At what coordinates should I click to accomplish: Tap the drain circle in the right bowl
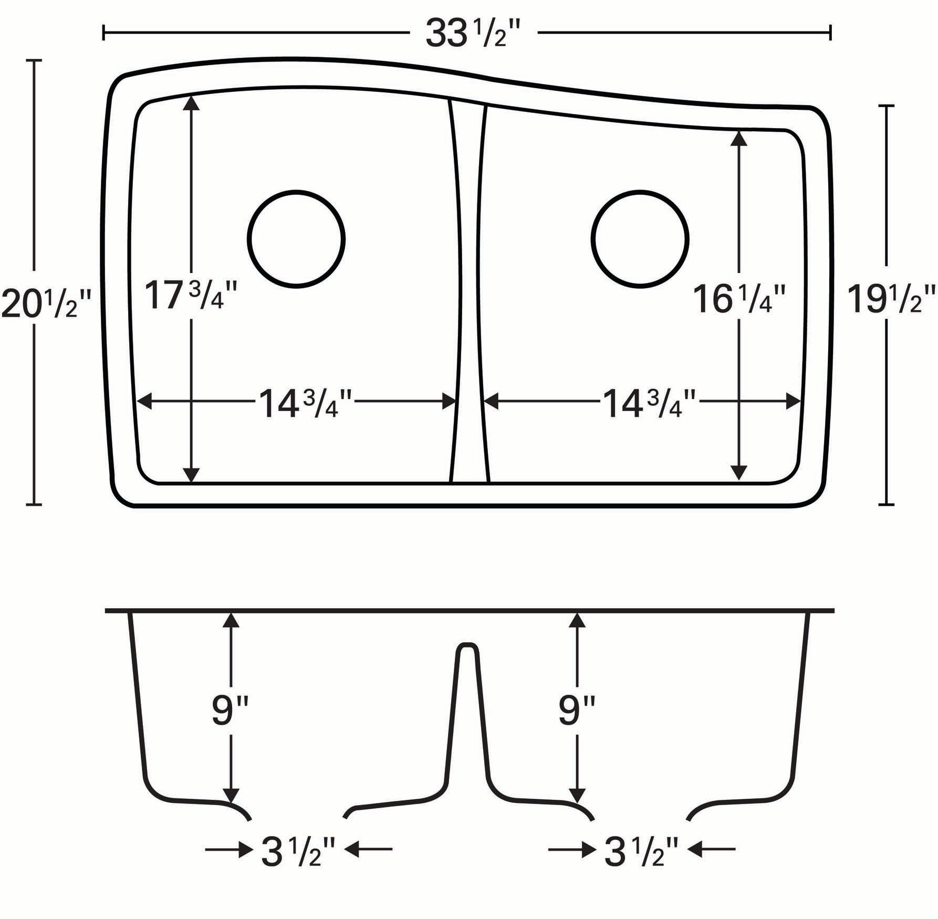tap(640, 239)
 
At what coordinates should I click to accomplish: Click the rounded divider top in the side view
tap(466, 646)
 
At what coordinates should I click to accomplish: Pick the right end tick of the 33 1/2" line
tap(830, 33)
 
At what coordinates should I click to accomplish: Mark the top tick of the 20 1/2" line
tap(34, 61)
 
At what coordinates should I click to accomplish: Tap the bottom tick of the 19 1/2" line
tap(887, 504)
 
